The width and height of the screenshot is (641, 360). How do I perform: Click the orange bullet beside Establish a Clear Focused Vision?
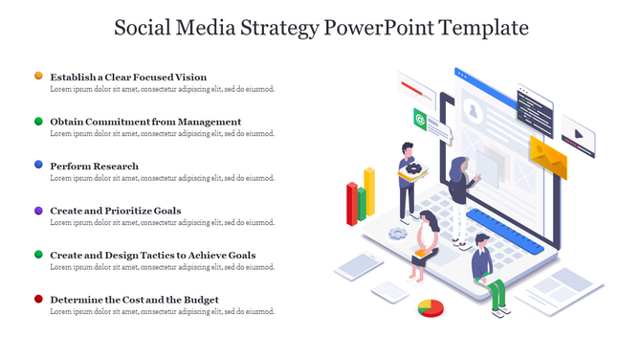pos(38,76)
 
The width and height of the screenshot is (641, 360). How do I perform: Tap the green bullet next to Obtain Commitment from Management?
pos(38,122)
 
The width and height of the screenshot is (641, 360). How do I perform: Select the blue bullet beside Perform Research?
pos(38,165)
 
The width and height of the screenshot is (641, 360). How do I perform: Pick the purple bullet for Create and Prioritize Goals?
pos(38,210)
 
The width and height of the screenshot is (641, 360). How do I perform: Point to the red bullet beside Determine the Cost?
pos(38,299)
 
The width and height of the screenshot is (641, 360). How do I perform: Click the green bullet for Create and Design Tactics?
pos(38,255)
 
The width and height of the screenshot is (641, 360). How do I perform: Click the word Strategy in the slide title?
pos(278,28)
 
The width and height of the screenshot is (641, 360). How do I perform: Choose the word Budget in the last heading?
pos(201,300)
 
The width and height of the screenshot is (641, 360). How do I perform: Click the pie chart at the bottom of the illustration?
pos(431,307)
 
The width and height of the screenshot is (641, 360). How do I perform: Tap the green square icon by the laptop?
pos(420,118)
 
